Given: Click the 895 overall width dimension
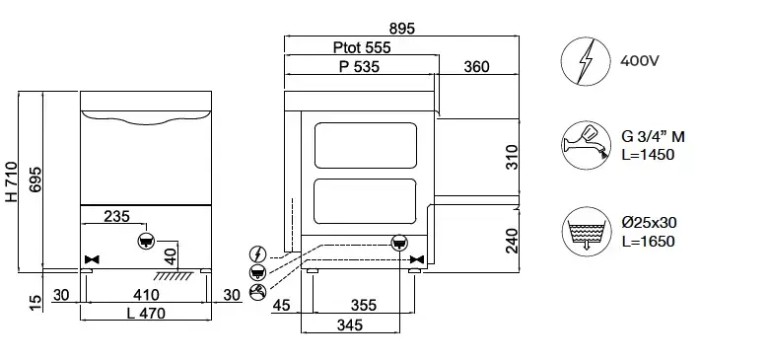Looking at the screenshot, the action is (x=402, y=29).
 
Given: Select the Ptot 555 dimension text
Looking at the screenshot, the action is (x=362, y=47).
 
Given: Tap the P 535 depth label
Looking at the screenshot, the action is (x=360, y=66).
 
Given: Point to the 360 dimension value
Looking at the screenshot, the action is (x=476, y=66).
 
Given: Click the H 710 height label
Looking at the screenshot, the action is (x=11, y=181).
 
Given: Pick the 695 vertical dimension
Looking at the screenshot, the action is (x=35, y=180).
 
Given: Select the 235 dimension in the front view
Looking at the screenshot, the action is (x=117, y=216).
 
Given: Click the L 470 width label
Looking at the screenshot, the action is (x=146, y=313).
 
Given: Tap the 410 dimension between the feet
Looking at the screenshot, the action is (x=146, y=295).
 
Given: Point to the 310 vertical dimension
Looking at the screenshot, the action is (x=512, y=157).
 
